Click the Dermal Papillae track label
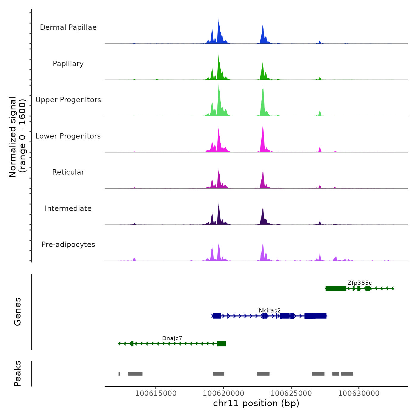(x=68, y=27)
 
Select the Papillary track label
(x=68, y=64)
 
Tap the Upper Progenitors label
(x=68, y=100)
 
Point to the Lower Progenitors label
(x=68, y=136)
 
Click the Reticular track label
(x=68, y=172)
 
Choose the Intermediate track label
(x=68, y=208)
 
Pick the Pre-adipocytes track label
(x=68, y=245)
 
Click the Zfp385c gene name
(x=360, y=283)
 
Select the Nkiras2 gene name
(x=270, y=311)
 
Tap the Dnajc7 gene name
(x=172, y=338)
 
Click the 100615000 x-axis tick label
(x=156, y=393)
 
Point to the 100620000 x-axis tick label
(x=223, y=393)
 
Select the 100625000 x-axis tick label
(x=291, y=393)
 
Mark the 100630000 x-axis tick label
(x=359, y=393)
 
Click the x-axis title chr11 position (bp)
(x=256, y=404)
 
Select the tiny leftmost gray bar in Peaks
(x=119, y=374)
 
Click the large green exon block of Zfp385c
(x=336, y=288)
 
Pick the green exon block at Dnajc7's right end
(x=222, y=344)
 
